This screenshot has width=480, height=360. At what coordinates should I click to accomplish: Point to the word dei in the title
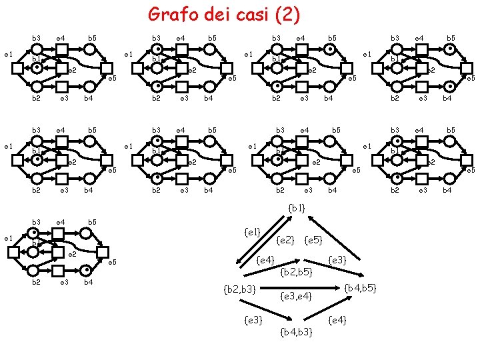(x=214, y=13)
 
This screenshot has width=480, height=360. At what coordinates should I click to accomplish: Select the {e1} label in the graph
(x=253, y=232)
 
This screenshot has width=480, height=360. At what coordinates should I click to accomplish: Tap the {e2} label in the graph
(x=285, y=239)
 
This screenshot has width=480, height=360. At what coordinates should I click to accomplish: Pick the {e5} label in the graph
(x=313, y=239)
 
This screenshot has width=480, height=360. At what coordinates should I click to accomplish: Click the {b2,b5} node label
(x=297, y=271)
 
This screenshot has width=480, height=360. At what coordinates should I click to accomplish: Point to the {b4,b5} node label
(x=361, y=287)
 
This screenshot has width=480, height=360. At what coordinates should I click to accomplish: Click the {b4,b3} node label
(x=297, y=331)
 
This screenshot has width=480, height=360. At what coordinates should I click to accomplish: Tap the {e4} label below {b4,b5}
(x=339, y=320)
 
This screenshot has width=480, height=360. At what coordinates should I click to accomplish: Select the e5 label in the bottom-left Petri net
(x=113, y=261)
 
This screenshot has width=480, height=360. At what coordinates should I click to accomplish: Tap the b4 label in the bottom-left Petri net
(x=88, y=282)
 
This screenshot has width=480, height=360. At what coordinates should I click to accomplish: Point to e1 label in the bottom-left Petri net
(x=7, y=237)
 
